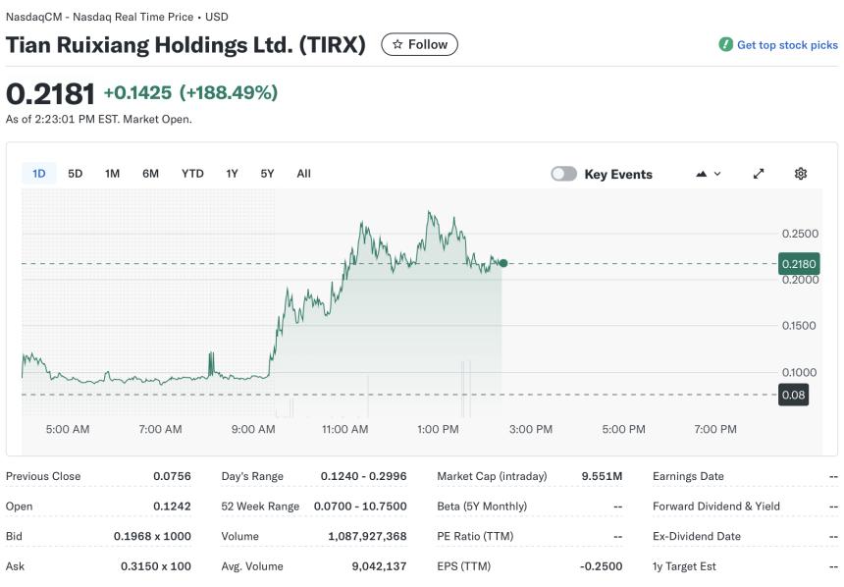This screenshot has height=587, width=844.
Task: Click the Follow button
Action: (419, 44)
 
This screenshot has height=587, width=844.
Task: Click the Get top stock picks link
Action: (786, 45)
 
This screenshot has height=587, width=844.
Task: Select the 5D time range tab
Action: (76, 174)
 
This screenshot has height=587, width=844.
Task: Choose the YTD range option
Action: (192, 174)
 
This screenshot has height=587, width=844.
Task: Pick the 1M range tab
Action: (113, 174)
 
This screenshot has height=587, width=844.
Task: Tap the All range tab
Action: (303, 174)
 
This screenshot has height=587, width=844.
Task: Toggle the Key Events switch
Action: (563, 174)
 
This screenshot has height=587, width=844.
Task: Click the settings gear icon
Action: (801, 174)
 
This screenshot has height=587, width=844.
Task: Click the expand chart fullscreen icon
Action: (759, 174)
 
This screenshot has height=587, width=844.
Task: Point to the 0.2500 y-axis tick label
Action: (800, 234)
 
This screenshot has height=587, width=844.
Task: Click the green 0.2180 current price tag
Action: (798, 264)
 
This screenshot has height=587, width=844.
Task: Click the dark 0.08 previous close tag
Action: (793, 396)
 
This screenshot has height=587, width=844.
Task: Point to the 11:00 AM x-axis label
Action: (344, 429)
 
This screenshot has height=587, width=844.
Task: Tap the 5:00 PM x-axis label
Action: (623, 429)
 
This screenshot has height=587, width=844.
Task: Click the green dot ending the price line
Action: (503, 263)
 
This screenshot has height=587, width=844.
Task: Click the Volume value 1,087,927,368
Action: (367, 536)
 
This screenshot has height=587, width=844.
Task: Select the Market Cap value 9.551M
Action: (602, 476)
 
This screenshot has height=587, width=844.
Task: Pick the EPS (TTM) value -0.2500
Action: (601, 566)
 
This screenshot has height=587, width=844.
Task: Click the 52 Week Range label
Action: (260, 507)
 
